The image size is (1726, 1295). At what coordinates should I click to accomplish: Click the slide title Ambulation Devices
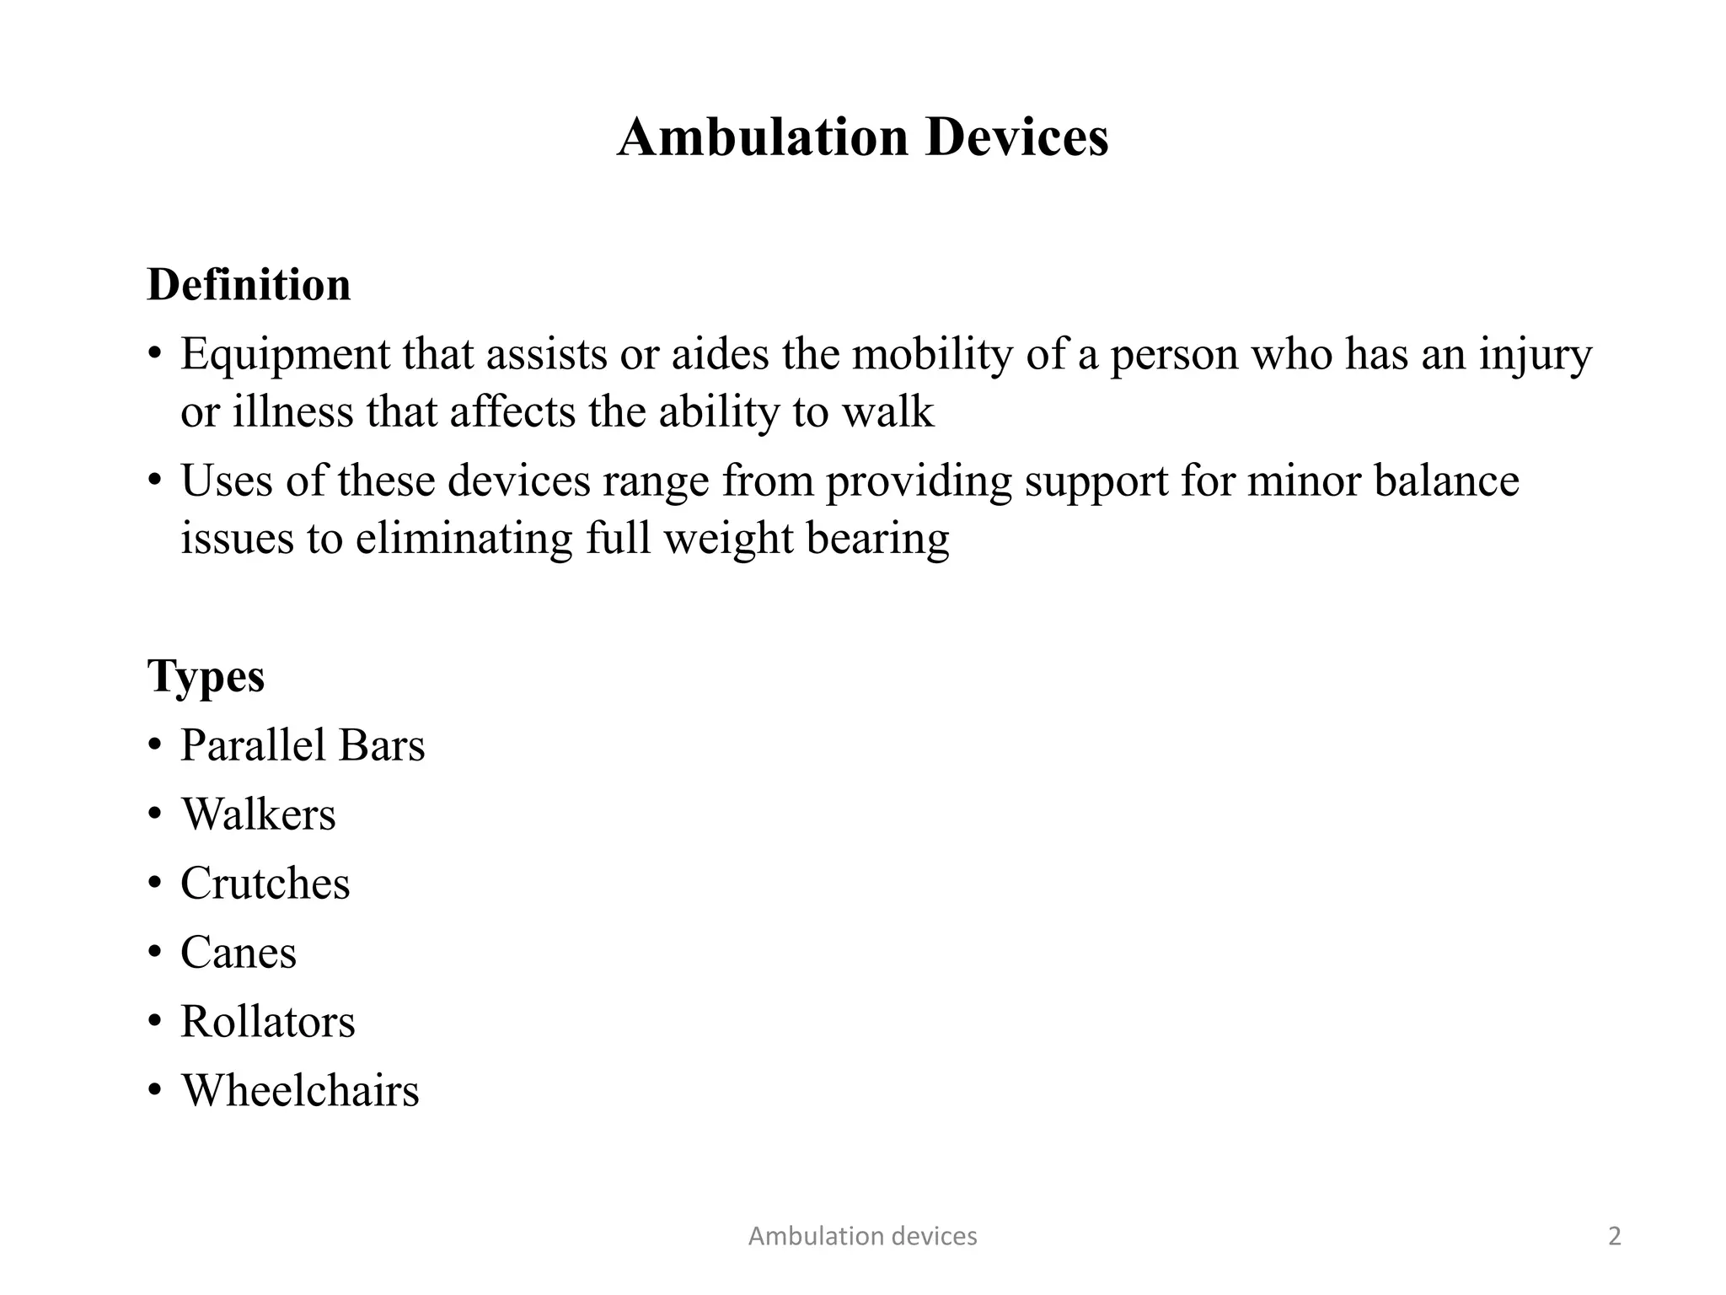point(862,137)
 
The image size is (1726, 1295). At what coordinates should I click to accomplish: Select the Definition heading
point(249,285)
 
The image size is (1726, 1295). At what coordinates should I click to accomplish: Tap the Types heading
point(206,676)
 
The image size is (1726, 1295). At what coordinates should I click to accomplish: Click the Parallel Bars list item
point(303,745)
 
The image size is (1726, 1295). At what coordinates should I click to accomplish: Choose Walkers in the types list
point(258,814)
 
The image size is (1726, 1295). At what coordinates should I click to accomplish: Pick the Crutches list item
point(265,884)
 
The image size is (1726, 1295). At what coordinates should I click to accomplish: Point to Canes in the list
point(239,953)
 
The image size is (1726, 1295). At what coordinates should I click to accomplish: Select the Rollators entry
point(267,1022)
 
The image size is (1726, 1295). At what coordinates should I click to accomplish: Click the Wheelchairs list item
point(300,1091)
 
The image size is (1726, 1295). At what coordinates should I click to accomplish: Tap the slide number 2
point(1614,1236)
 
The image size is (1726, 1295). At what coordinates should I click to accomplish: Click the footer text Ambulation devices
point(862,1236)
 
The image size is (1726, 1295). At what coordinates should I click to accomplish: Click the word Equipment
point(285,356)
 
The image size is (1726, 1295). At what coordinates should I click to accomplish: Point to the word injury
point(1536,356)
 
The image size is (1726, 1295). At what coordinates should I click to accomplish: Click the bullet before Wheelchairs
point(154,1091)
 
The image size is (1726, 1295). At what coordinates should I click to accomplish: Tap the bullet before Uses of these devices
point(154,481)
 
